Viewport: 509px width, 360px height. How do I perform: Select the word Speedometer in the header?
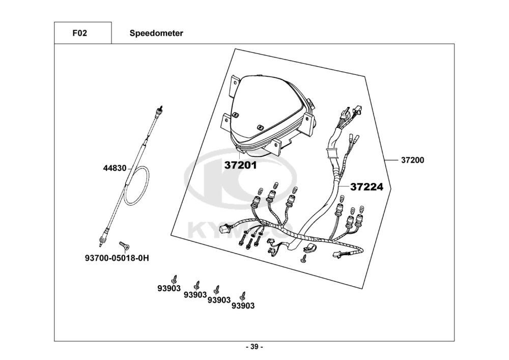156,34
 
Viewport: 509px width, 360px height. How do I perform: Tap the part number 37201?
241,165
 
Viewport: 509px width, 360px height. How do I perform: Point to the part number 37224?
366,187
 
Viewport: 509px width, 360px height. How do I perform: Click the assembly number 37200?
412,160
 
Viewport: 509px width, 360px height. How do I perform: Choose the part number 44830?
115,167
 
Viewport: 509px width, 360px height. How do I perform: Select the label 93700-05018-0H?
117,258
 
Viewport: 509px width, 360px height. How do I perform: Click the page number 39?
254,347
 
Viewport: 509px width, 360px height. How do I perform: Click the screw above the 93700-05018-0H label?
122,247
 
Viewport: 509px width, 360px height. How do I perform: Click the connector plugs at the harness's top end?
352,113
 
